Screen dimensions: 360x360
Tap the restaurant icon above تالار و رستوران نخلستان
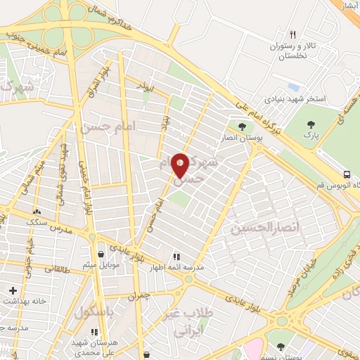[x=292, y=34]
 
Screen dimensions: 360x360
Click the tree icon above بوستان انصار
[x=242, y=127]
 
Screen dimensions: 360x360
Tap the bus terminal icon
[x=347, y=174]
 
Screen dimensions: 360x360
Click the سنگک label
[x=37, y=221]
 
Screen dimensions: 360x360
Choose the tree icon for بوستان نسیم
[x=281, y=346]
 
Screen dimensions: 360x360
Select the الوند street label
[x=146, y=88]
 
